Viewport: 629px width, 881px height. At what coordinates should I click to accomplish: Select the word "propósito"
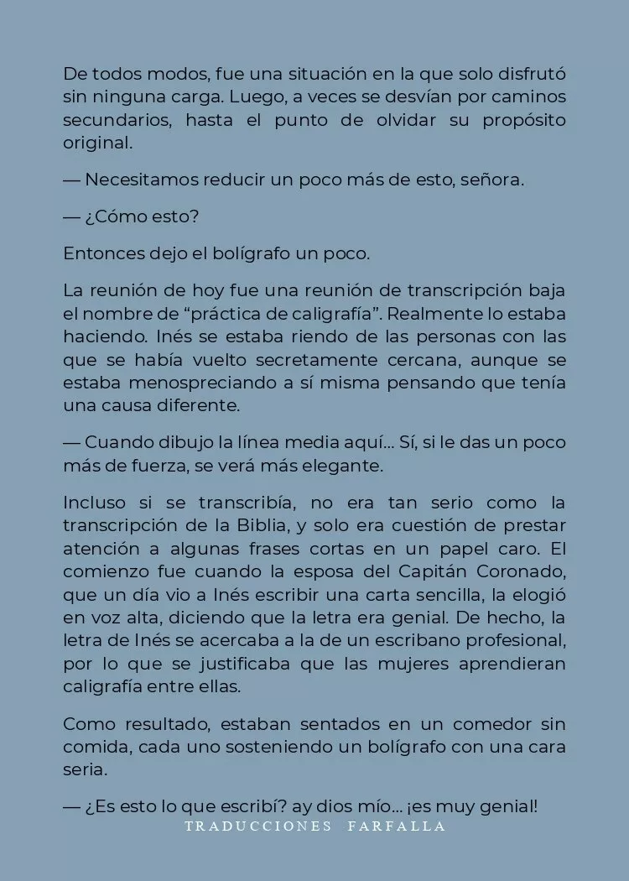point(523,120)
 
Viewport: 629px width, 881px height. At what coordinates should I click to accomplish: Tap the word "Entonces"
point(98,253)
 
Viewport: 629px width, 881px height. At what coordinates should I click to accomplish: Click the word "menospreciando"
point(197,383)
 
